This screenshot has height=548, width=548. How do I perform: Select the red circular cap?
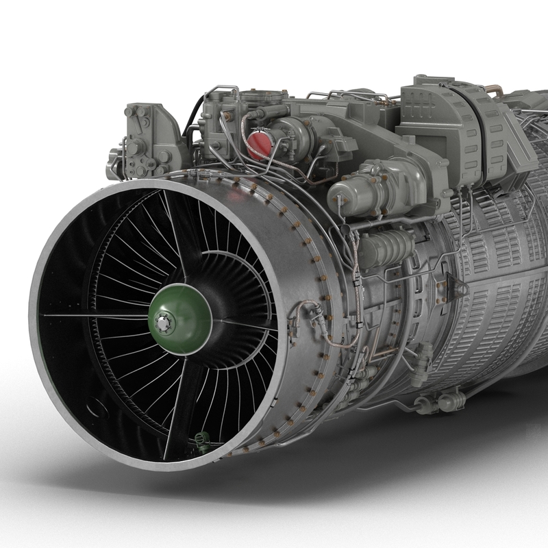258,145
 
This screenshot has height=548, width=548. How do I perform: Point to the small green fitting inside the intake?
201,438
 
